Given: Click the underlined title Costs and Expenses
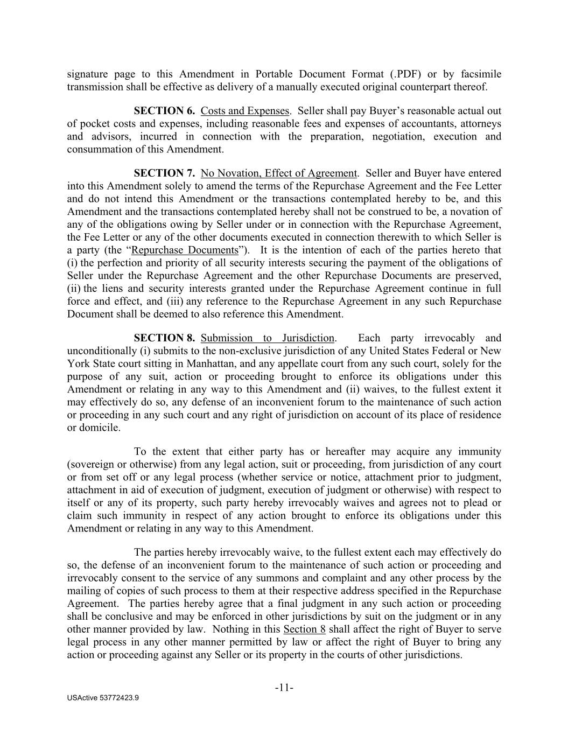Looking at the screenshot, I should coord(245,111).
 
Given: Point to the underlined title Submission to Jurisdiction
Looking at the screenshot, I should coord(268,338).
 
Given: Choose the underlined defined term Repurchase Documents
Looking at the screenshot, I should coord(185,250).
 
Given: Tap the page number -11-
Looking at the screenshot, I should coord(284,688).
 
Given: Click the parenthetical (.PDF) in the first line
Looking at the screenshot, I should coord(401,74).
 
